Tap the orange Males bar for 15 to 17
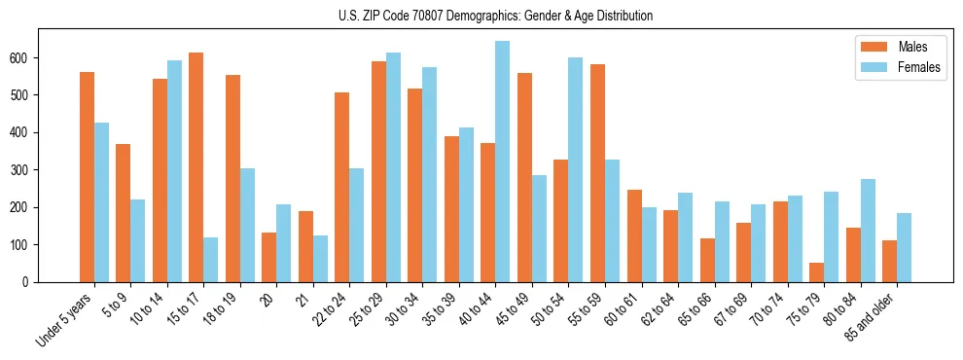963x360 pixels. click(x=196, y=167)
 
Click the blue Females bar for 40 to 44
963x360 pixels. click(x=502, y=162)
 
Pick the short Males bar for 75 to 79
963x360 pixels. click(x=816, y=272)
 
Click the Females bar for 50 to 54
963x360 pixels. click(x=575, y=169)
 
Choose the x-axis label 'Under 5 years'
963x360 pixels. click(x=65, y=318)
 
